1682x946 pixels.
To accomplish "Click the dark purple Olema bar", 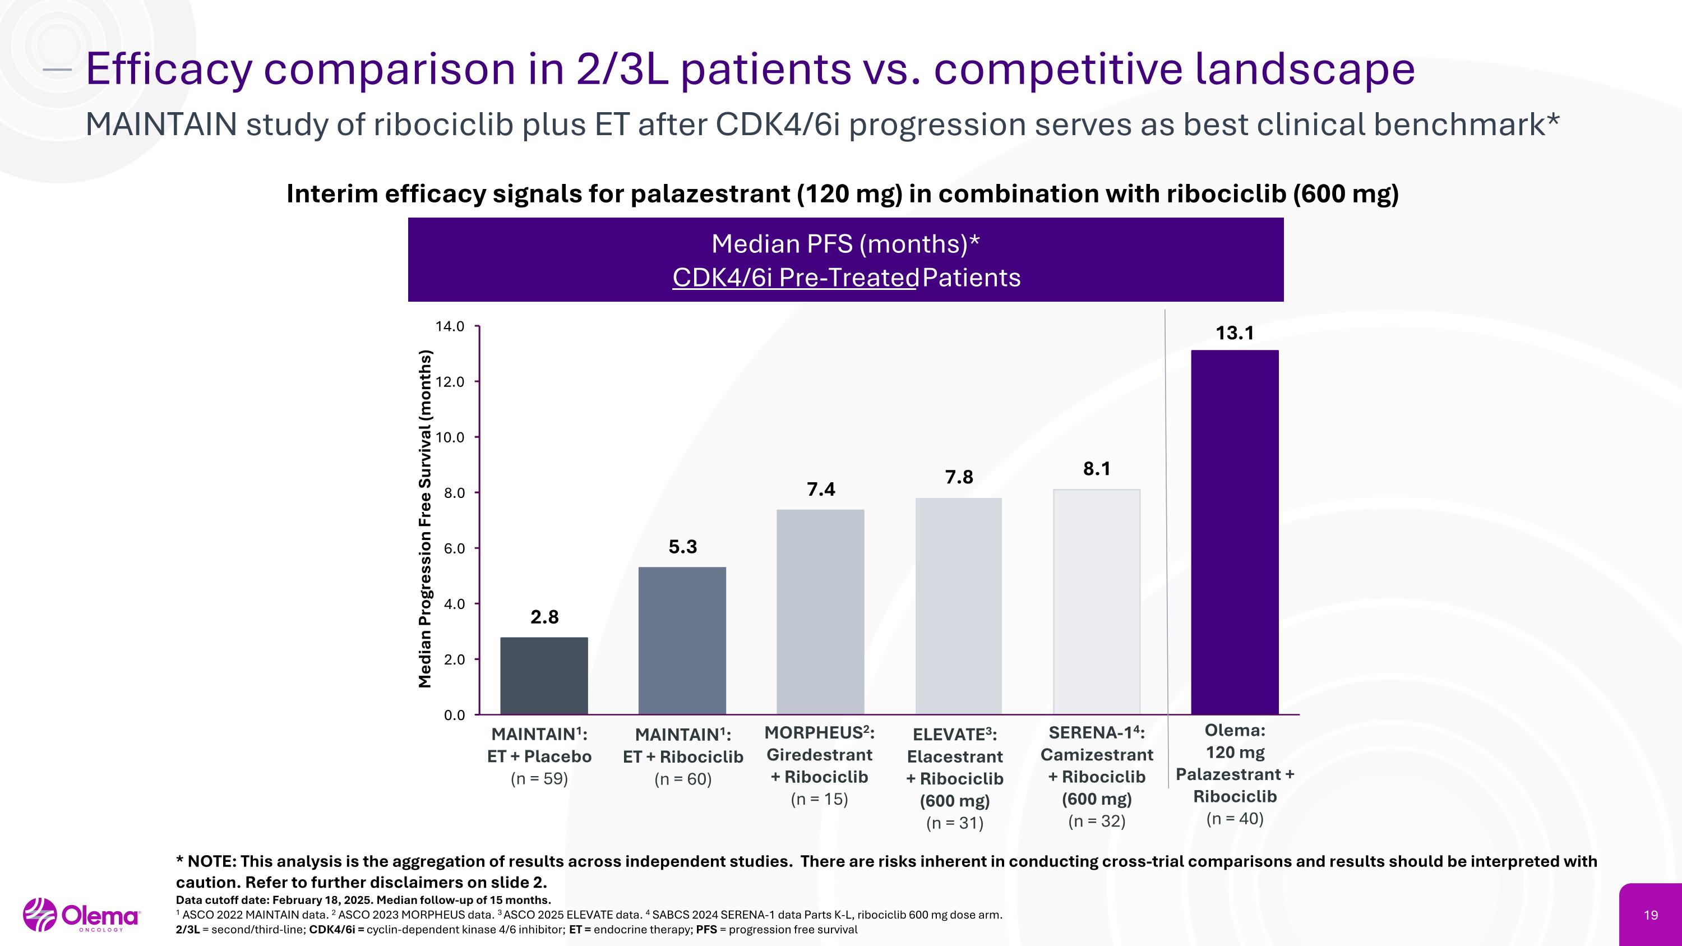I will coord(1234,532).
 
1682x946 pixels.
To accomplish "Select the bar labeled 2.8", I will coord(544,675).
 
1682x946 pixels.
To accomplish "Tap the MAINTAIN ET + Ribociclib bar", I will coord(682,640).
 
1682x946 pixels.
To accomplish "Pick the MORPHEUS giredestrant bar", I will coord(820,611).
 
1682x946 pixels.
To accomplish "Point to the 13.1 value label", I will coord(1234,334).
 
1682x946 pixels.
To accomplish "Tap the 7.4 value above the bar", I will coord(820,490).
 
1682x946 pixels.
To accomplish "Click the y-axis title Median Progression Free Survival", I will coord(425,519).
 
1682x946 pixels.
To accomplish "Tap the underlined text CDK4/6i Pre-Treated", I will coord(795,278).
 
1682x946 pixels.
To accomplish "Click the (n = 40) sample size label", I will coord(1234,819).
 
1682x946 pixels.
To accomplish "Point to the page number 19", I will coord(1651,915).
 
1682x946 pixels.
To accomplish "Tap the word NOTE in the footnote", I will coord(211,862).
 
